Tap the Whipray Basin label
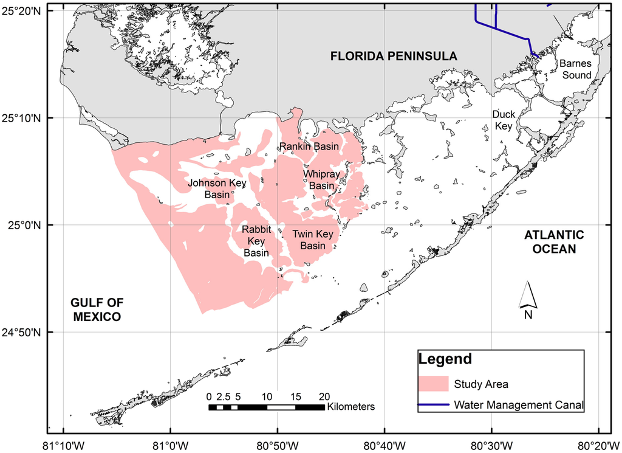coord(321,180)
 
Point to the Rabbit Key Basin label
coord(256,241)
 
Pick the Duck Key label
coord(504,120)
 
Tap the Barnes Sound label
coord(575,69)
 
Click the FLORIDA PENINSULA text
coord(394,57)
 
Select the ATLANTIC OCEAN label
coord(554,242)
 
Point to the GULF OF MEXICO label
coord(95,309)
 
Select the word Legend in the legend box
coord(445,359)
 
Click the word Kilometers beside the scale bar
coord(350,406)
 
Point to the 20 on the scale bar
coord(324,396)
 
